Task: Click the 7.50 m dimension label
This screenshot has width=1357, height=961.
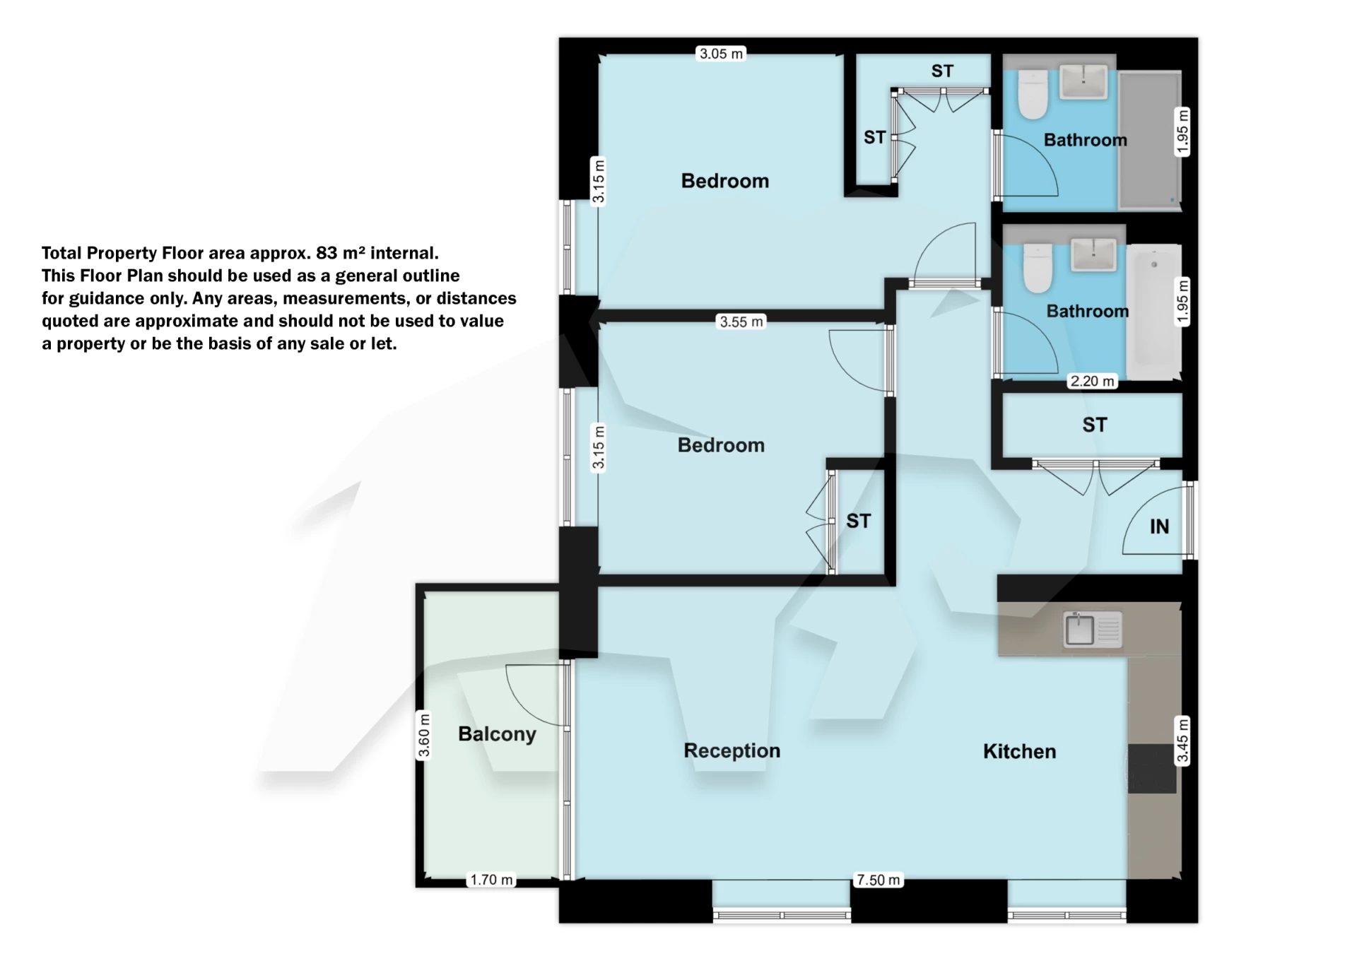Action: pos(878,880)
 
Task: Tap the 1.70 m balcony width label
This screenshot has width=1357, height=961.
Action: pos(491,880)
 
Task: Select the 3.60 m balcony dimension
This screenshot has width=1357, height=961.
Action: pos(424,736)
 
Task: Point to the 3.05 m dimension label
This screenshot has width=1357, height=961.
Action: pos(721,54)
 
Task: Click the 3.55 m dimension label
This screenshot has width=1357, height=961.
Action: pos(741,322)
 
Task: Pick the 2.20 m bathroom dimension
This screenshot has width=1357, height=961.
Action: pos(1092,382)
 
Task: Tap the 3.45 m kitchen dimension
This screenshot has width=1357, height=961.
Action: pos(1182,740)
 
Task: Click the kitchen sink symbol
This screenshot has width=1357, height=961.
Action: pos(1093,630)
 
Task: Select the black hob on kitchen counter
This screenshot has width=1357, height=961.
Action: pos(1152,769)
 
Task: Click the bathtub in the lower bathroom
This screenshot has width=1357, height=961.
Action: pos(1154,311)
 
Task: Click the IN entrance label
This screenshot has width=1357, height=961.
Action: pos(1159,526)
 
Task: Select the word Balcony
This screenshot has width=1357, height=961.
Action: pos(497,734)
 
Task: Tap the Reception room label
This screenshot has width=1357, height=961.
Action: pos(732,750)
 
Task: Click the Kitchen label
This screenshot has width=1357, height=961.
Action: pos(1019,751)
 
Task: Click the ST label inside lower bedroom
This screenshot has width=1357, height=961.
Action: pos(858,521)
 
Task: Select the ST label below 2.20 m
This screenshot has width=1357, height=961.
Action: pos(1094,425)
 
